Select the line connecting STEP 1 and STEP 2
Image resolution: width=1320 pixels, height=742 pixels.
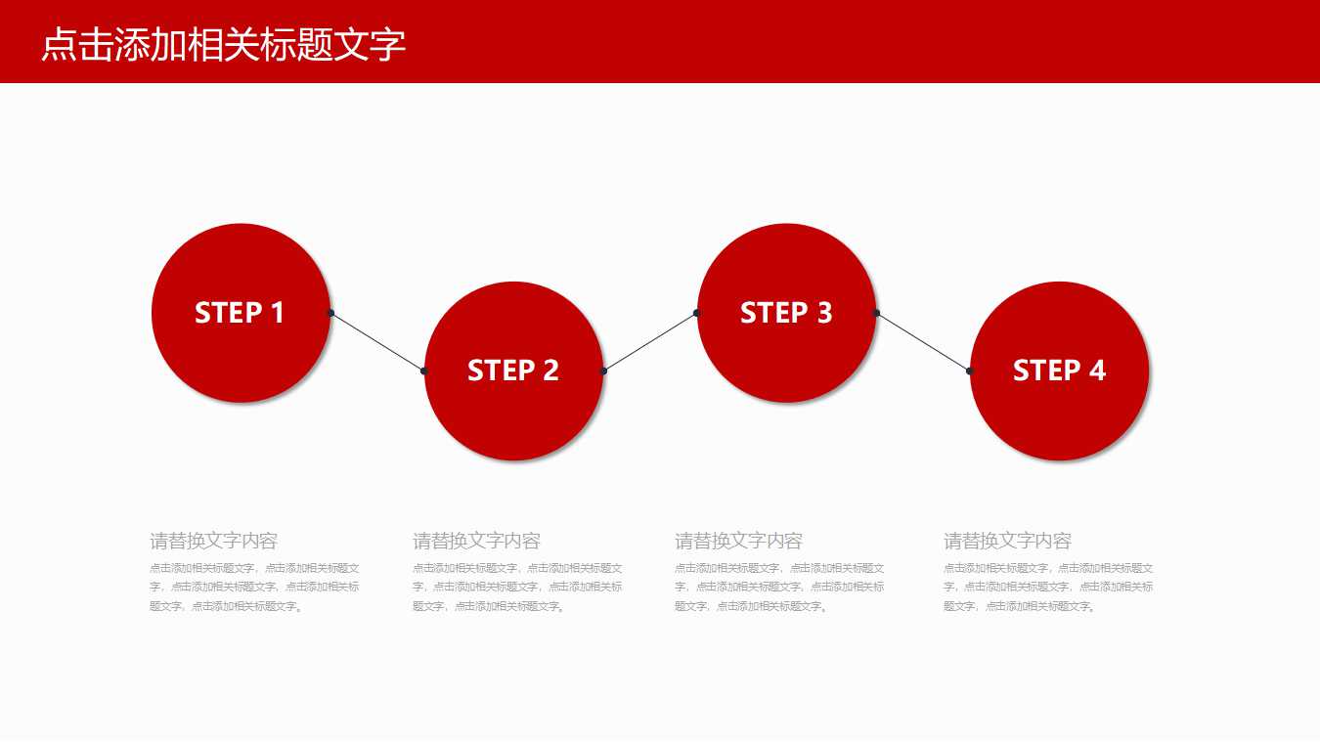click(377, 342)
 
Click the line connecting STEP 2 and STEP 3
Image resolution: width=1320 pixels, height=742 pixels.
click(650, 342)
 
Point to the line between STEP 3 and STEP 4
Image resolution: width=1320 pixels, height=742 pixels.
click(923, 342)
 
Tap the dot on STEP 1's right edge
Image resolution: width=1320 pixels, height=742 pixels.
click(330, 313)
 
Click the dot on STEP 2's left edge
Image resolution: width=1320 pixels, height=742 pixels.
click(423, 371)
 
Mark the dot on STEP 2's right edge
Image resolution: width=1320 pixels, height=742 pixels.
click(603, 371)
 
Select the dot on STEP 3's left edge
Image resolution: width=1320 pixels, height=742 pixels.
click(696, 313)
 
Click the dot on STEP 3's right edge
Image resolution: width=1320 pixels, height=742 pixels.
click(876, 313)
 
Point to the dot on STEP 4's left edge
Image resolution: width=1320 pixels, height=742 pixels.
click(969, 371)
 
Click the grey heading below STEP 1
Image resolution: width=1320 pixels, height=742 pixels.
click(213, 541)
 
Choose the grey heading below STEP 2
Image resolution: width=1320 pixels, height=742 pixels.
click(476, 541)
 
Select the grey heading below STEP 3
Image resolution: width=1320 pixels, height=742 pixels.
click(738, 541)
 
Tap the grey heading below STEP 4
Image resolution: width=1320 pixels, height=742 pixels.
click(1007, 541)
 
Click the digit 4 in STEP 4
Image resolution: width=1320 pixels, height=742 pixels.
click(1097, 371)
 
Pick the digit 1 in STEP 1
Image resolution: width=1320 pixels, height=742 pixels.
click(277, 313)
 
